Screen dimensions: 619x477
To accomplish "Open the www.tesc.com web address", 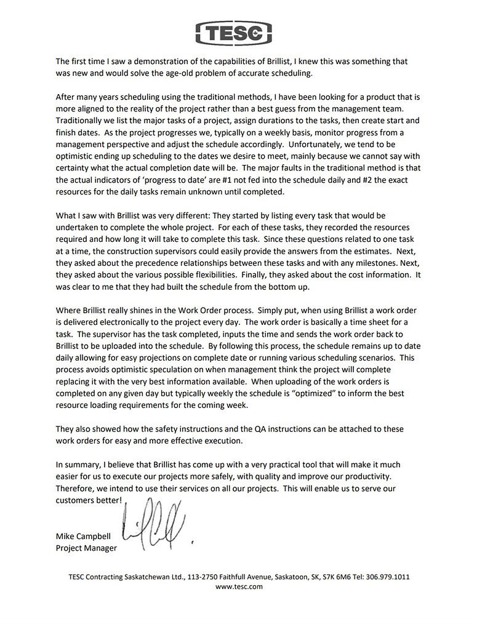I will click(239, 587).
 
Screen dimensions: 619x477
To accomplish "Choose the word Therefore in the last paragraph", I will click(76, 488).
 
